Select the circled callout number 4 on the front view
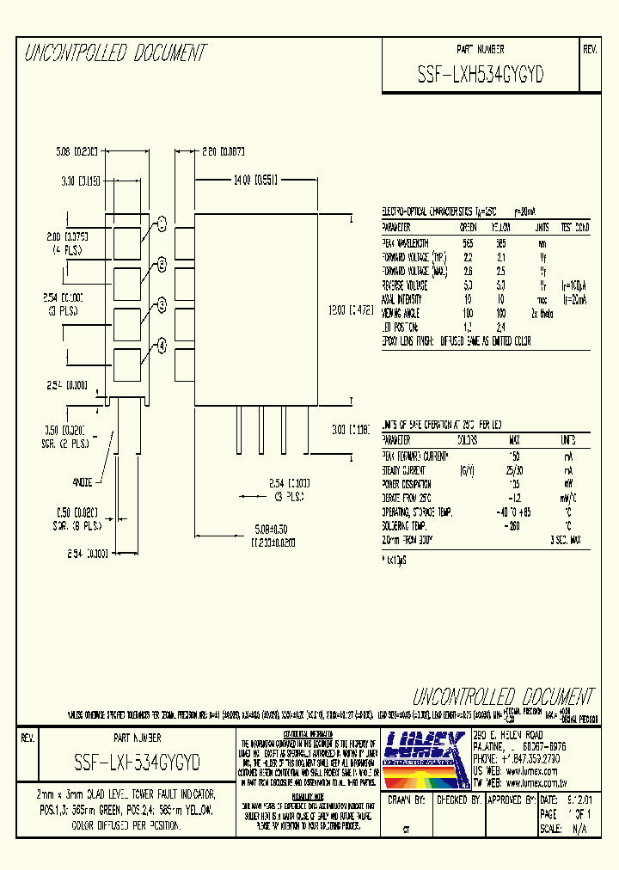pyautogui.click(x=161, y=346)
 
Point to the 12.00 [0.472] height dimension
pyautogui.click(x=355, y=310)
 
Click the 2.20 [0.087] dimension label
pyautogui.click(x=224, y=152)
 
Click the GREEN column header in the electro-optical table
pyautogui.click(x=468, y=228)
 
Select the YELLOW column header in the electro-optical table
pyautogui.click(x=500, y=228)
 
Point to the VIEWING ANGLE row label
pyautogui.click(x=408, y=313)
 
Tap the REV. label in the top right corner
pyautogui.click(x=590, y=50)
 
